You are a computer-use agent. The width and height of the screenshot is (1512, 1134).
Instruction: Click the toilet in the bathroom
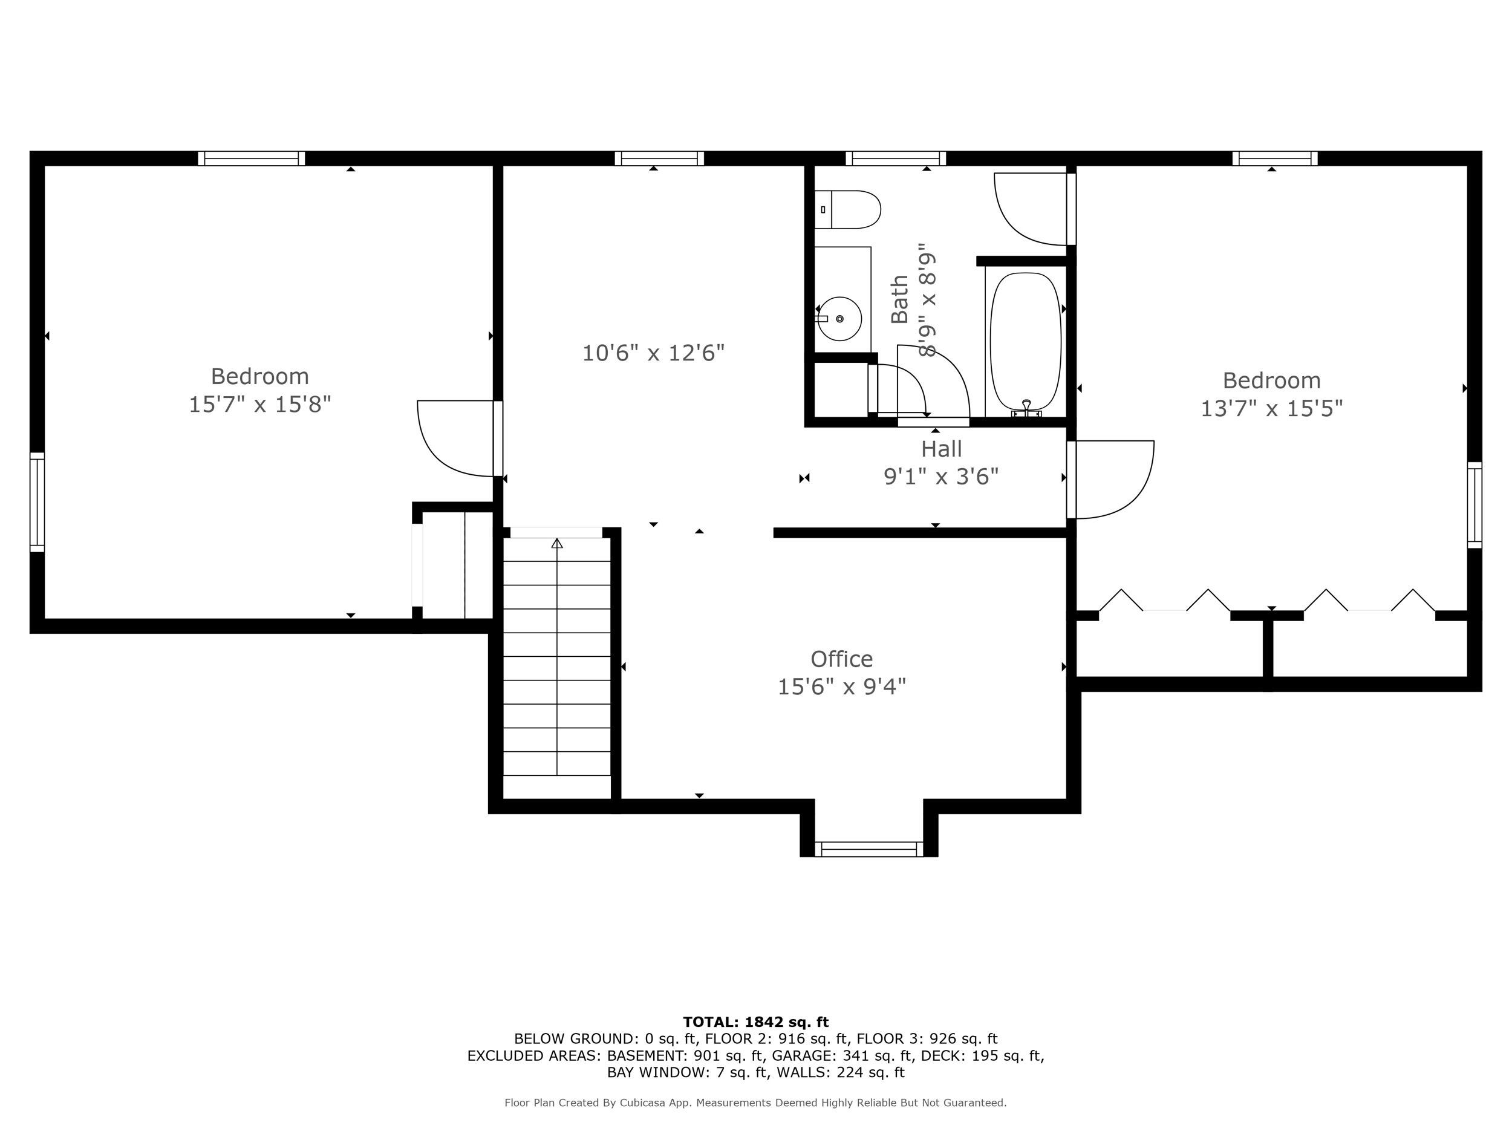point(847,210)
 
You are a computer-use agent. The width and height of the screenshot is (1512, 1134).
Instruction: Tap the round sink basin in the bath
point(839,319)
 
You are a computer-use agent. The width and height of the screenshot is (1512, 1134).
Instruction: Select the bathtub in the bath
point(1025,342)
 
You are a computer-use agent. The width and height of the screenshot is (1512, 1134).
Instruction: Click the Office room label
point(841,659)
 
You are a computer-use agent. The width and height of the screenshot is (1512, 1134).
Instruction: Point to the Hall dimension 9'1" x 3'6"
point(940,477)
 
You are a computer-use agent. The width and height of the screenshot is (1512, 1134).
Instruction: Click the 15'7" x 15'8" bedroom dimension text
point(259,405)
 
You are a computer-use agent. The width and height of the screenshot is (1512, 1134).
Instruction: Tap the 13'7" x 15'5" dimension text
point(1271,409)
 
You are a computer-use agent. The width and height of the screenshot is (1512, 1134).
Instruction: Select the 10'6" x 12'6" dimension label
point(653,353)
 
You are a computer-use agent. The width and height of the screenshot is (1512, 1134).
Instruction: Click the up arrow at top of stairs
point(557,544)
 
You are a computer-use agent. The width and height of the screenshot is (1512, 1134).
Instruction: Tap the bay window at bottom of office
point(868,849)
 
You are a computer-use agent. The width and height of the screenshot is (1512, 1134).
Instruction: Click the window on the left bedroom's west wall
point(37,502)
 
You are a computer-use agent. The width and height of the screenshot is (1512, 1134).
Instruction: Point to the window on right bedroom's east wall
point(1475,504)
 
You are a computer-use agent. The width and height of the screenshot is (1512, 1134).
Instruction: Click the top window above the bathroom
point(896,158)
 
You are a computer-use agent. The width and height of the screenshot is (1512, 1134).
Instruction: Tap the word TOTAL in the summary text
point(710,1022)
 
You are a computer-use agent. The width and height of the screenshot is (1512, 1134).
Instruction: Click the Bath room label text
point(899,299)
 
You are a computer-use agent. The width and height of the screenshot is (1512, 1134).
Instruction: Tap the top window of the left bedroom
point(252,158)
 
